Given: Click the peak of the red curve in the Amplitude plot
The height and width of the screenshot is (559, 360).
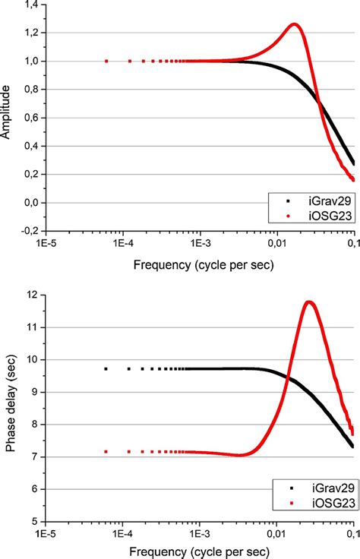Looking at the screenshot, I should (294, 24).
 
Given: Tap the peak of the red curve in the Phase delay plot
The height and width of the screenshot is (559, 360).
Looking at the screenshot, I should (308, 302).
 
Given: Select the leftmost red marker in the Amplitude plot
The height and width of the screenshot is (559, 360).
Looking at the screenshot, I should (106, 61).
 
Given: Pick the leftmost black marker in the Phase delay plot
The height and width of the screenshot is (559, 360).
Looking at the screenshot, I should (106, 369).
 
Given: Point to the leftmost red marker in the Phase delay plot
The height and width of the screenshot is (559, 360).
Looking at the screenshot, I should (106, 452).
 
